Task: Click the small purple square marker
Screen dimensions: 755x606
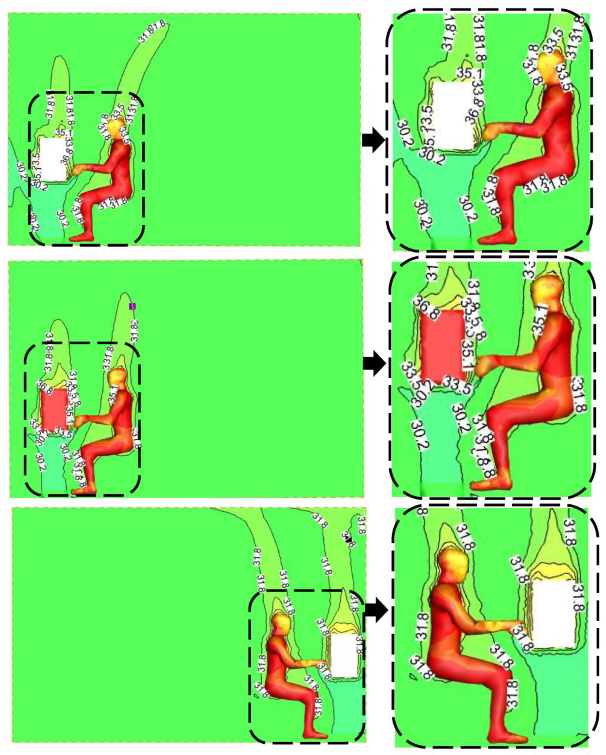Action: (x=132, y=306)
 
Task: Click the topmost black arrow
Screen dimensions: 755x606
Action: (x=373, y=143)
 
